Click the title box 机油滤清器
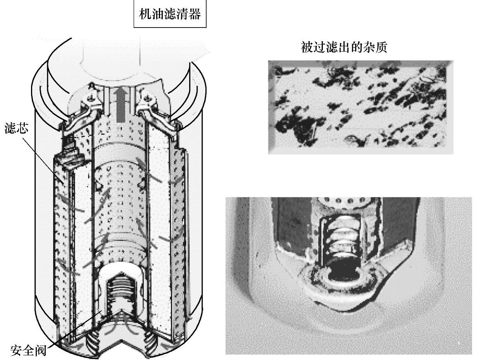pyautogui.click(x=170, y=14)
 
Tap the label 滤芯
pyautogui.click(x=16, y=128)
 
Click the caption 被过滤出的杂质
pyautogui.click(x=344, y=47)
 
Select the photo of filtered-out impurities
pyautogui.click(x=361, y=107)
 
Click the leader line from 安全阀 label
pyautogui.click(x=74, y=329)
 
